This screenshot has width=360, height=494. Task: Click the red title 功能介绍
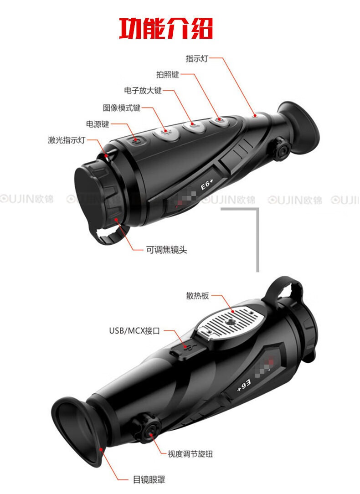coord(166,28)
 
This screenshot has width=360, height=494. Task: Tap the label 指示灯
coord(197,58)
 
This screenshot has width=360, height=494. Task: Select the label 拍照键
coord(168,74)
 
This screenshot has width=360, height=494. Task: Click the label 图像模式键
coord(122,108)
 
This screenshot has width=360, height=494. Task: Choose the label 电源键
coord(98,124)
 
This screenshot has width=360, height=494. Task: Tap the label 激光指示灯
coord(67,140)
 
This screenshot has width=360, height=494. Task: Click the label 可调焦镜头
coord(166,250)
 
